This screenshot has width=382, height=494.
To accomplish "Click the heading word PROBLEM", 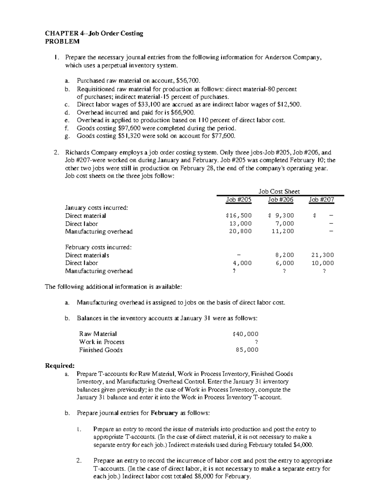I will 62,42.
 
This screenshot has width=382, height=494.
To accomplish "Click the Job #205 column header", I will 238,200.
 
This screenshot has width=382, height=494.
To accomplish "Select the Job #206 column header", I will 280,200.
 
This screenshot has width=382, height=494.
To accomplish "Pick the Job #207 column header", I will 322,200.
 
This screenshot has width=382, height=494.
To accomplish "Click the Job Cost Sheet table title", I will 279,191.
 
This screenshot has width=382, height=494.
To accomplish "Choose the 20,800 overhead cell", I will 240,232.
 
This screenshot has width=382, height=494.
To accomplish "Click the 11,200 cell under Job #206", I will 283,232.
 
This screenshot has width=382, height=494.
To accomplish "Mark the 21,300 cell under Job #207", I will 323,255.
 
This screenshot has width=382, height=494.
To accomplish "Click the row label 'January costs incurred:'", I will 96,208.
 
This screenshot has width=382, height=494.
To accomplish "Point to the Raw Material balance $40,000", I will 245,334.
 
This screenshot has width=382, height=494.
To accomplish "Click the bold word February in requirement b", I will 164,413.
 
